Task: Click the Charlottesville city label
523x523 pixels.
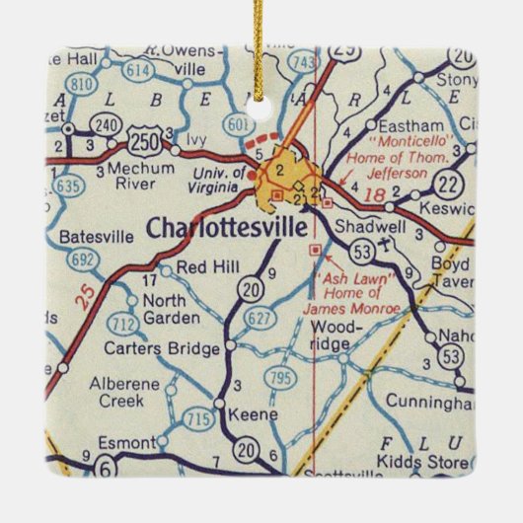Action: click(x=225, y=227)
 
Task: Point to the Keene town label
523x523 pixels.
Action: click(x=246, y=414)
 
